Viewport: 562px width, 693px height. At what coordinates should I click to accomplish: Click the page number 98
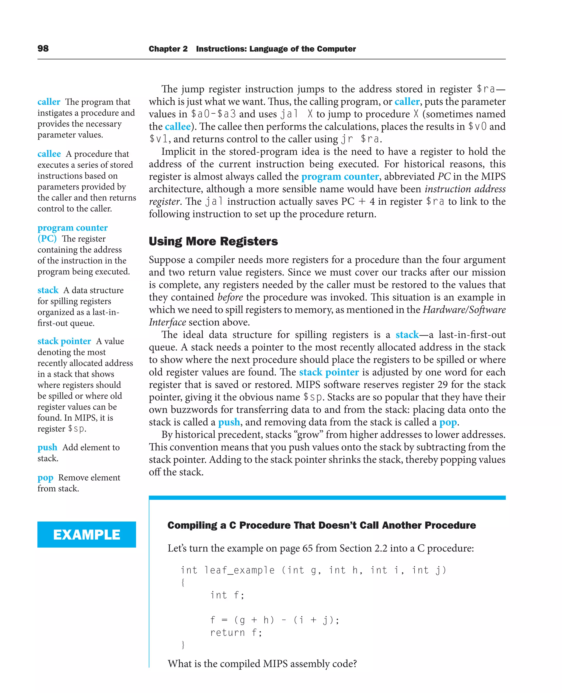43,49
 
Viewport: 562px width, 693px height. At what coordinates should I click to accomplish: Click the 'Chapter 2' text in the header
168,49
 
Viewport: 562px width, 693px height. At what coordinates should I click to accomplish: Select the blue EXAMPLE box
86,534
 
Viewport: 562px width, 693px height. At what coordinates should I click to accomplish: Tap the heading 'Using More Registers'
213,241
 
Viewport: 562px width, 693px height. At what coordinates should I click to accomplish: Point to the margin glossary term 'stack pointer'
64,341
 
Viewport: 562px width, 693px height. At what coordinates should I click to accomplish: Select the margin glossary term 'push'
47,447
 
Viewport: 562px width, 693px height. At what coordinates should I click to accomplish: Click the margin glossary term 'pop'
45,478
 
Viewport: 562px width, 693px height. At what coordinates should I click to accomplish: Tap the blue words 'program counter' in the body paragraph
340,177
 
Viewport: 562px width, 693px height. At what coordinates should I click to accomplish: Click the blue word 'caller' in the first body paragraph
407,102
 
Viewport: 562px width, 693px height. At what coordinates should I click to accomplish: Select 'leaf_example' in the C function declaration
240,570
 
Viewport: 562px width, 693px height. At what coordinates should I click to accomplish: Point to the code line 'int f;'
227,595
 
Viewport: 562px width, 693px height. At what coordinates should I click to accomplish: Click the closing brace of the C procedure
183,645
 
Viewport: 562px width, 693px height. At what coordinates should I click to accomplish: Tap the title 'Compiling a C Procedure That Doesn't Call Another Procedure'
321,525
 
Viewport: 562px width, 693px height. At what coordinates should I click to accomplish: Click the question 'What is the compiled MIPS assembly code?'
262,664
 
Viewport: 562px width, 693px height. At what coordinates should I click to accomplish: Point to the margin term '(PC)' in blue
47,239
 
